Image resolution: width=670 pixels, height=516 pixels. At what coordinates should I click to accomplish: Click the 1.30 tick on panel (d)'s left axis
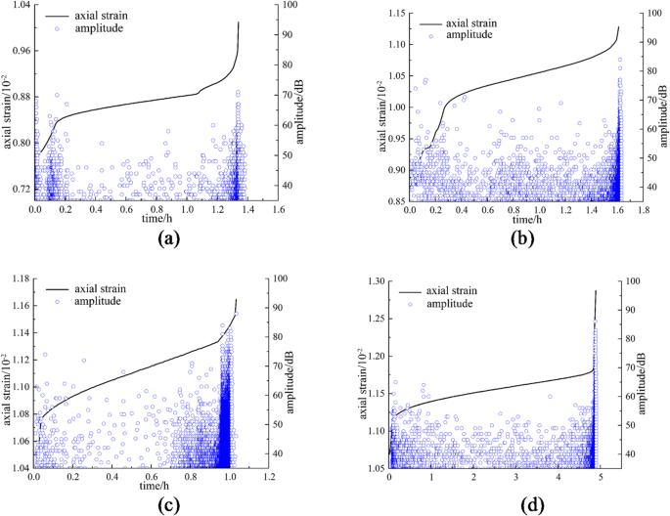click(374, 281)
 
